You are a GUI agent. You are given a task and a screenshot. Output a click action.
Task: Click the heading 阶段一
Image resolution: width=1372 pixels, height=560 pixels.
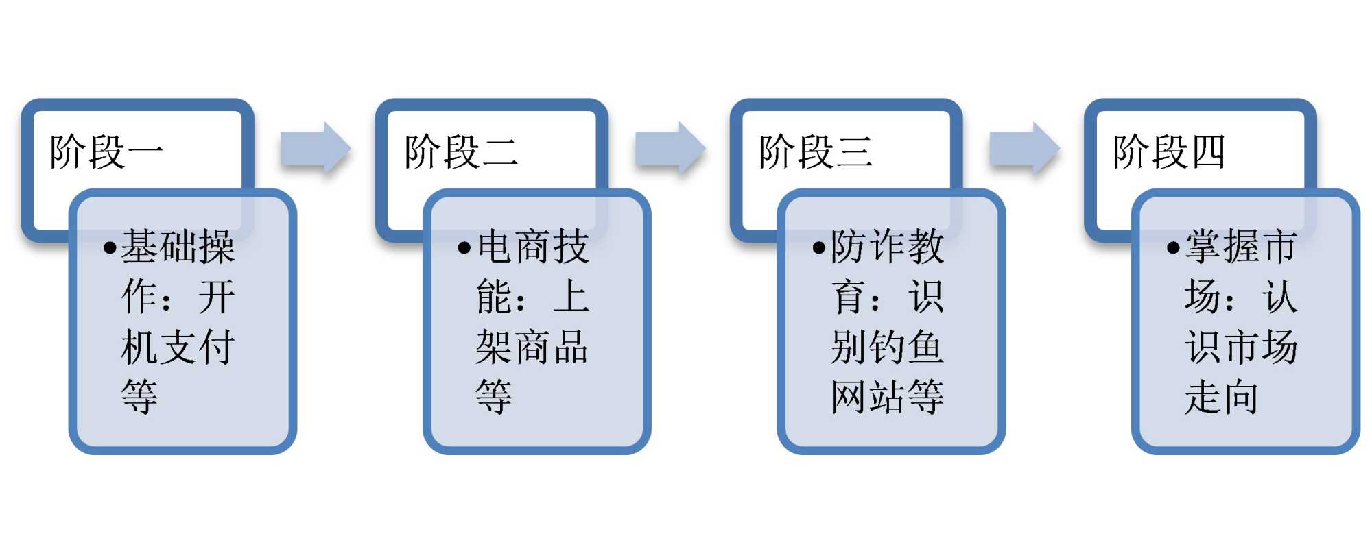[x=106, y=151]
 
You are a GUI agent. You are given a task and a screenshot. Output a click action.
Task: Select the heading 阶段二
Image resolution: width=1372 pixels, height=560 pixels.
[x=460, y=151]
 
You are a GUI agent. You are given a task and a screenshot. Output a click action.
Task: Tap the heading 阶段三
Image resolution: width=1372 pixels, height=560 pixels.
[x=815, y=151]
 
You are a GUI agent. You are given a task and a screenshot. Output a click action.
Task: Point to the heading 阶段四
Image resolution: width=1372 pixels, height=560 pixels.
[x=1169, y=151]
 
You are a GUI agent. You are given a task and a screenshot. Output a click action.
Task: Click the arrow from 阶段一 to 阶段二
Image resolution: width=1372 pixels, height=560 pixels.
[x=316, y=148]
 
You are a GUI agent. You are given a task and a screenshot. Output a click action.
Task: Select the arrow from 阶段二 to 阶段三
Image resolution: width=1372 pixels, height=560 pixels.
[x=670, y=148]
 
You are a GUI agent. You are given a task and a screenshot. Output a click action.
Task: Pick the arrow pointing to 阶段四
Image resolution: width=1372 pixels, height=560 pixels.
[x=1024, y=148]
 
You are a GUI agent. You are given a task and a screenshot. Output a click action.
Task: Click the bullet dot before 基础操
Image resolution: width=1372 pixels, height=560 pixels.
[x=110, y=247]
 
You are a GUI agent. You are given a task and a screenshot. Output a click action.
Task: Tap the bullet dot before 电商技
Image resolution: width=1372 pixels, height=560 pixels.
[x=464, y=247]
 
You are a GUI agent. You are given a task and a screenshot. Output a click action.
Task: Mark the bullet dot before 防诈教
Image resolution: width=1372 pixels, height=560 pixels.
[x=818, y=247]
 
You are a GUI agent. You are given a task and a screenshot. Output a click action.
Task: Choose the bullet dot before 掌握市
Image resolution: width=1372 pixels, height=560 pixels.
[x=1173, y=247]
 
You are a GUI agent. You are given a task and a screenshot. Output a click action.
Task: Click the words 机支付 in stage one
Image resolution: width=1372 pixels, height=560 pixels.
[x=178, y=347]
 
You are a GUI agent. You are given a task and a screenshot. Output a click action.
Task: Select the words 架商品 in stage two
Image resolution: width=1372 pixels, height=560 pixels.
[x=532, y=347]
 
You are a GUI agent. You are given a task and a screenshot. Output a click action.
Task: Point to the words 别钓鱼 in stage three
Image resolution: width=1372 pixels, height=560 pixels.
[x=886, y=347]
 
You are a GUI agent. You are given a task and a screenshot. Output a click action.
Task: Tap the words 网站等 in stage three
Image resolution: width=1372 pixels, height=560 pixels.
[x=886, y=397]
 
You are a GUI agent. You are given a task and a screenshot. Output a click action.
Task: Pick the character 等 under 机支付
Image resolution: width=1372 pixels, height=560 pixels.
[x=139, y=397]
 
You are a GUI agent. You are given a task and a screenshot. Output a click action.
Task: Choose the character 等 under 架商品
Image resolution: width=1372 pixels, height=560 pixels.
[x=494, y=397]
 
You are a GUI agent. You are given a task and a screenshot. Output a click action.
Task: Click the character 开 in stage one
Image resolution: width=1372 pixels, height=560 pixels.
[x=217, y=297]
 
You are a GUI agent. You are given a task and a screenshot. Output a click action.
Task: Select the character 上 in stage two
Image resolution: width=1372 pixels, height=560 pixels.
[x=571, y=297]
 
